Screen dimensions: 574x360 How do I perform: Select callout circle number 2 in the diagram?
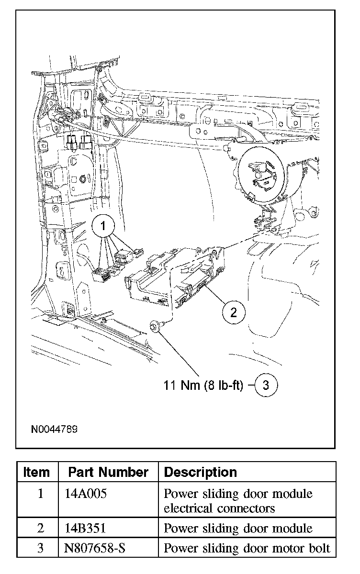coord(233,313)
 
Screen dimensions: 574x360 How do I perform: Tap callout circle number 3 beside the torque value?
coord(266,386)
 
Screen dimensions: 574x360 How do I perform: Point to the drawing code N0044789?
coord(54,429)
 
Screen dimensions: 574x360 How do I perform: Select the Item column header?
coord(36,473)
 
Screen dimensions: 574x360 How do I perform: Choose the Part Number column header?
coord(108,473)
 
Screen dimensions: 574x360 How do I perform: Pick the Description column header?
coord(200,473)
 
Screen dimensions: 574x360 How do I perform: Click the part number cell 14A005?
coord(85,494)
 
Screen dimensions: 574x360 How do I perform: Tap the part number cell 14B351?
coord(85,528)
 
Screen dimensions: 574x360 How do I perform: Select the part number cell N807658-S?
coord(95,548)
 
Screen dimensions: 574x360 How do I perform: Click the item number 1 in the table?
coord(40,494)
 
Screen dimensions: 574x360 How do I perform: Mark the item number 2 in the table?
coord(40,528)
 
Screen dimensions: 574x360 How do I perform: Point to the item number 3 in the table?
coord(40,548)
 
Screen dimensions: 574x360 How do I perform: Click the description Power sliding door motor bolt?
coord(247,548)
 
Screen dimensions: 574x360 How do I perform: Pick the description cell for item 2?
coord(238,528)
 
